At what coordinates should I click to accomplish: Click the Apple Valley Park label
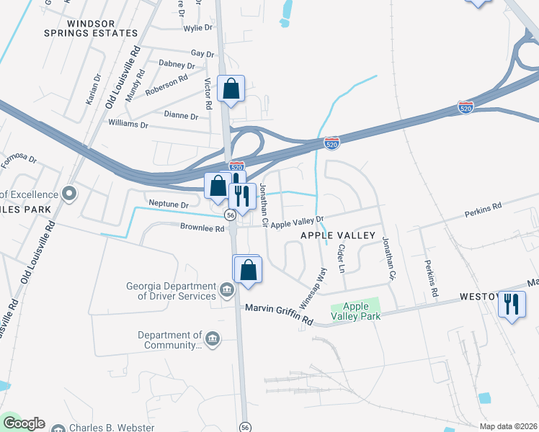point(355,311)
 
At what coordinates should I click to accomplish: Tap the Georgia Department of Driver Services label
point(171,290)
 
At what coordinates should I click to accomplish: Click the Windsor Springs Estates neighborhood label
point(102,28)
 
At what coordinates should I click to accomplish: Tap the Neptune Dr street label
point(168,204)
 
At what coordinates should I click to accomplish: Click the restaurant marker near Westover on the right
point(512,305)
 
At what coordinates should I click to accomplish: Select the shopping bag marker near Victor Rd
point(231,90)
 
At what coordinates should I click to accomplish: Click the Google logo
point(23,423)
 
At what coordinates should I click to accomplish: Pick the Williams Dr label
point(128,125)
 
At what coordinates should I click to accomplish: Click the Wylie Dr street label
point(198,28)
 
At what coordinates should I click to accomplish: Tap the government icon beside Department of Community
point(213,339)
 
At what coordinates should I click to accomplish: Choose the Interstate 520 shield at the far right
point(465,107)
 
